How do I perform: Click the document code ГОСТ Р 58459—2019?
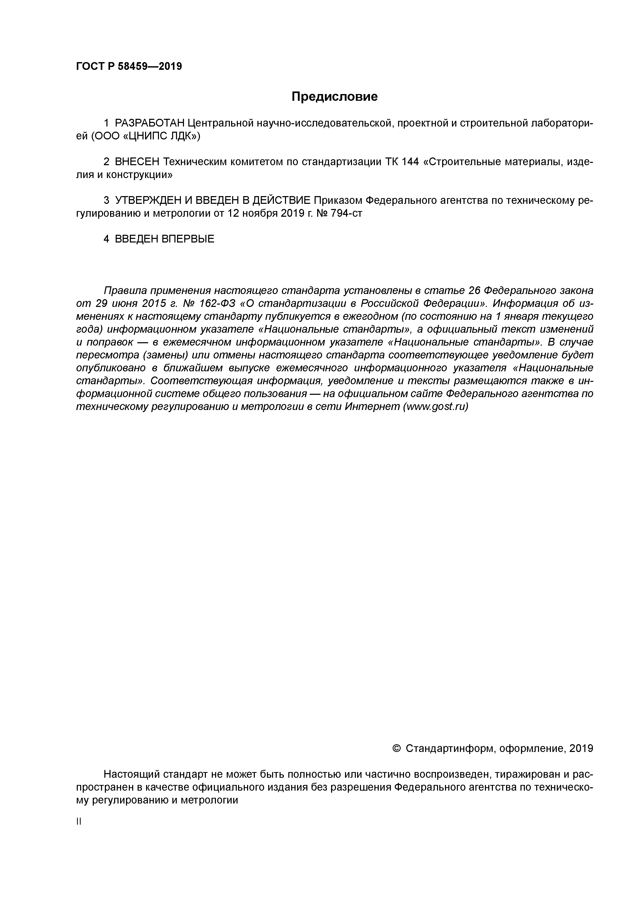(x=129, y=66)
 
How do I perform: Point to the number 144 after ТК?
(x=409, y=162)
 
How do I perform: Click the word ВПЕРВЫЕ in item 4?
(x=188, y=239)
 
